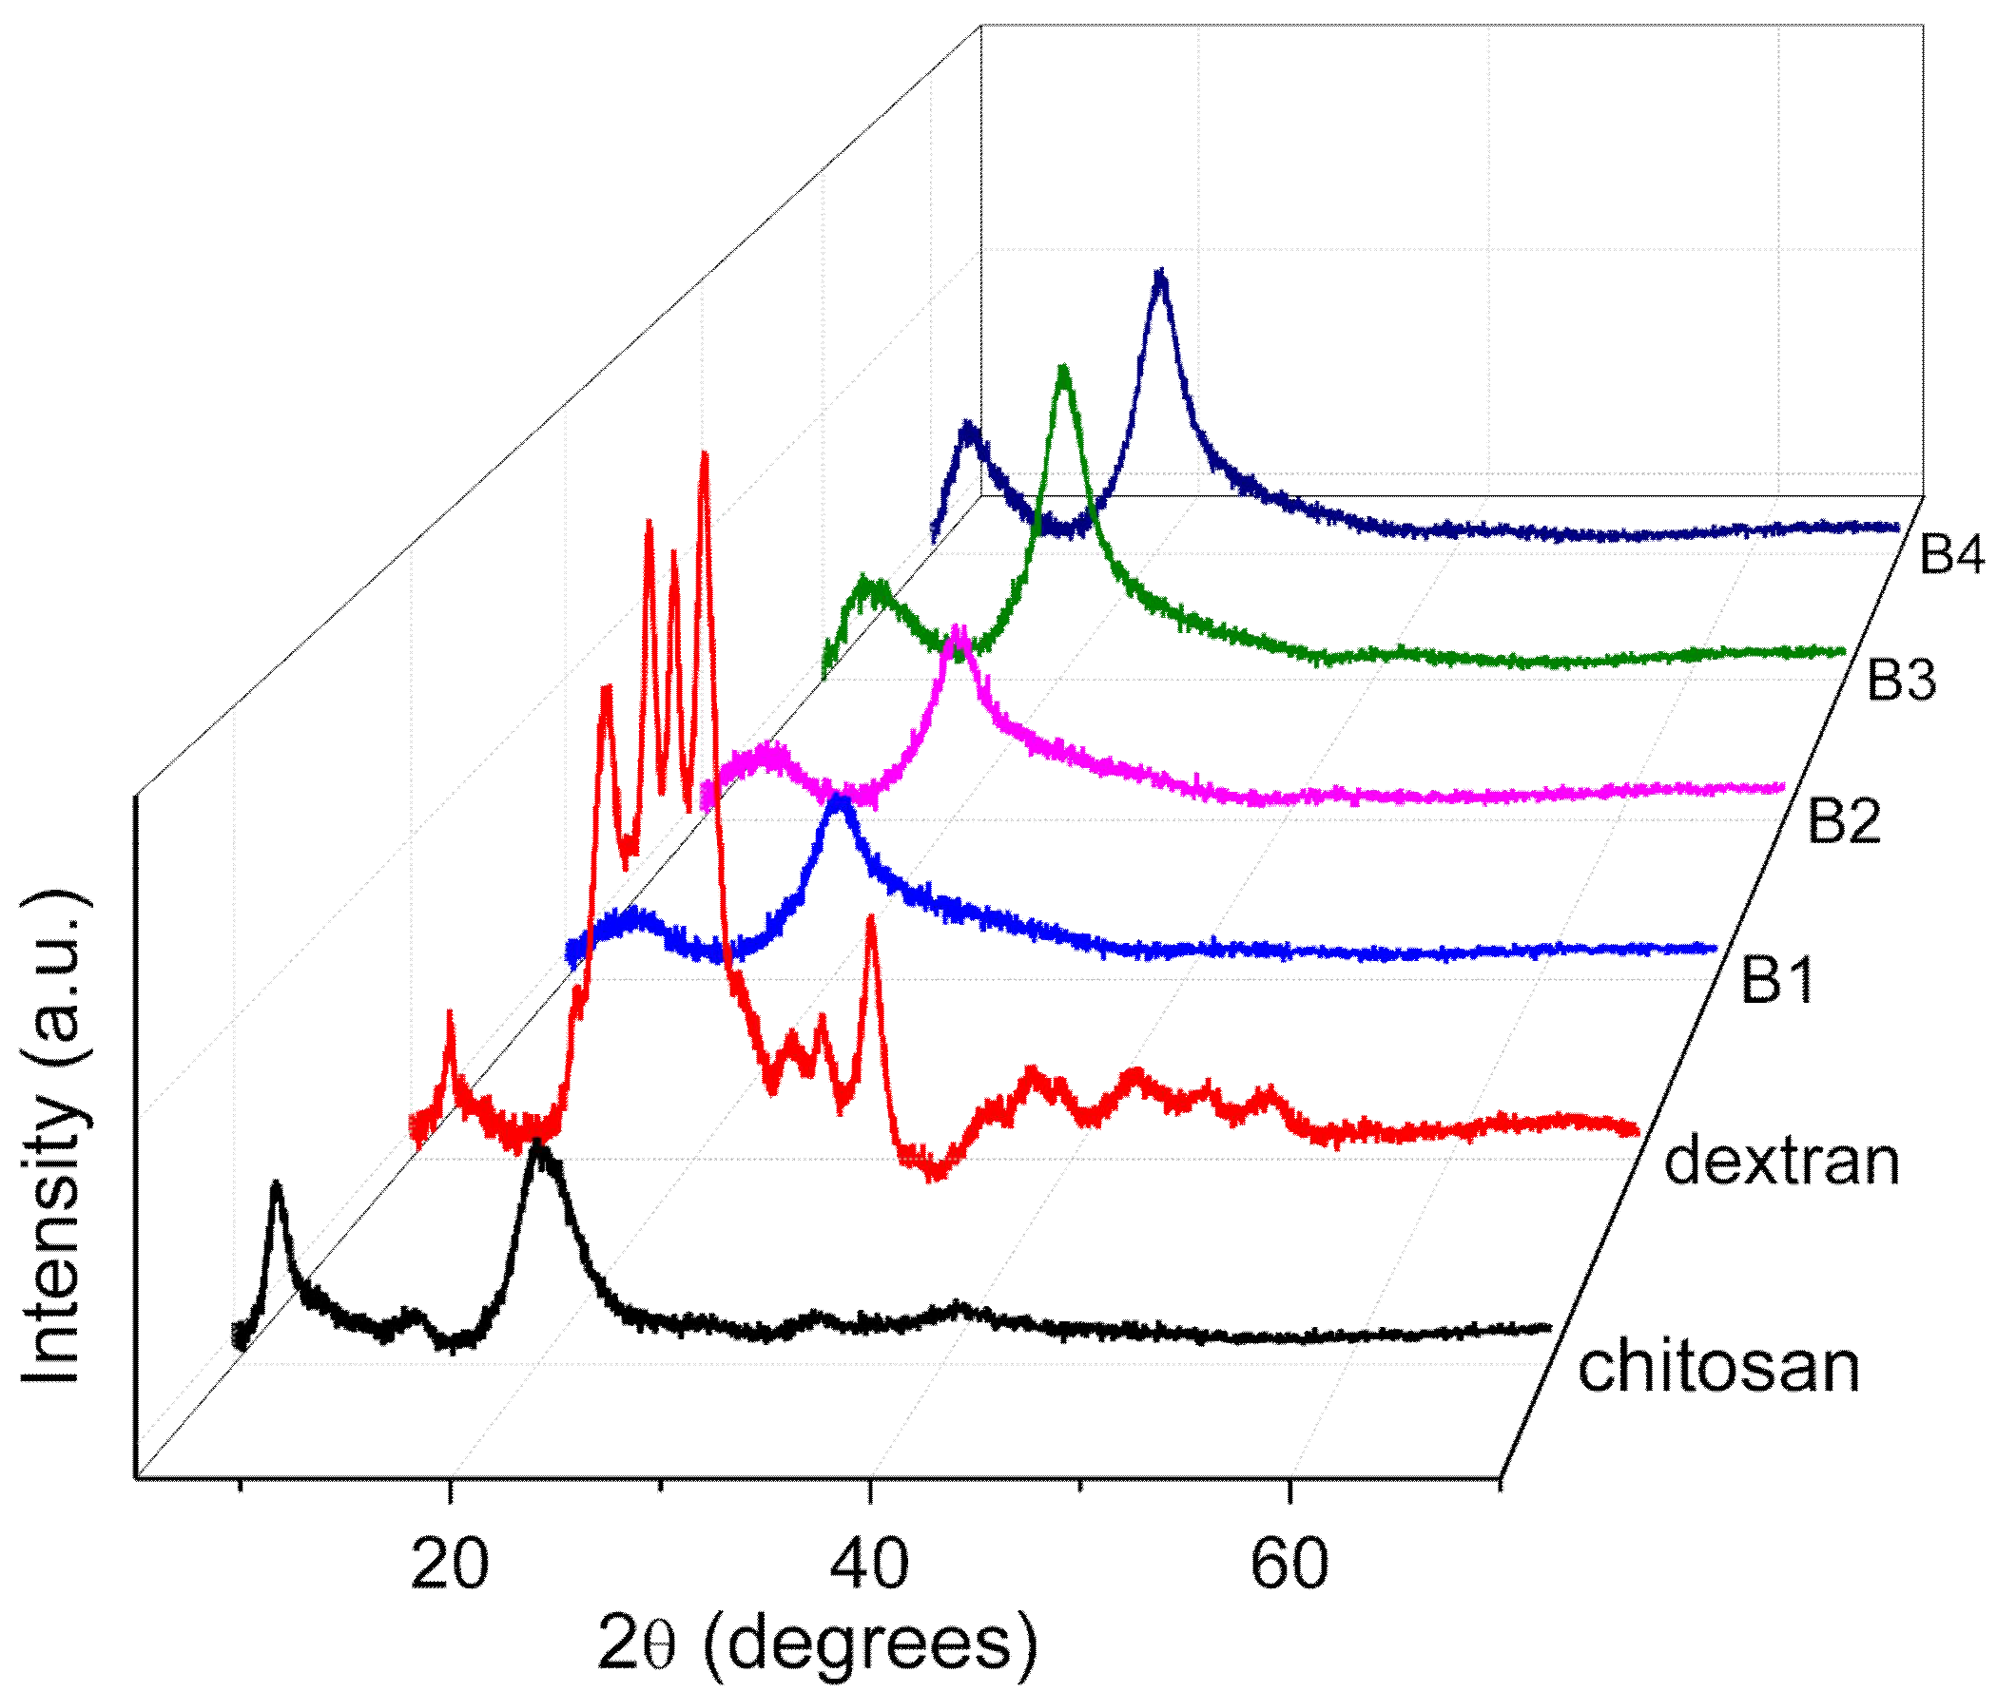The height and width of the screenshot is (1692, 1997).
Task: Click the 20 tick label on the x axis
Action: (449, 1564)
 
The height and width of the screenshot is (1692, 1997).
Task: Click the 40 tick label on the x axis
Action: (869, 1564)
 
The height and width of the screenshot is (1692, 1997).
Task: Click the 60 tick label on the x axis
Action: (1289, 1564)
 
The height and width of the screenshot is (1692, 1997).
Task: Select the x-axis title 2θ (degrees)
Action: (817, 1644)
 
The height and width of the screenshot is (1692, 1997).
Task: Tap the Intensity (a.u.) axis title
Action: (53, 1138)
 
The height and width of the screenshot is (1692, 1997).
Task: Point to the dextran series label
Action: (1781, 1162)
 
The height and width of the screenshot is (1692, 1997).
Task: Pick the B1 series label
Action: (1777, 980)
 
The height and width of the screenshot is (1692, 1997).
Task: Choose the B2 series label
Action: (1844, 821)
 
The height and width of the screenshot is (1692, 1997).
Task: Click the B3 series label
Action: (1901, 680)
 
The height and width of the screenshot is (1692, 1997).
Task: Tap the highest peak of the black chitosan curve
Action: (538, 1145)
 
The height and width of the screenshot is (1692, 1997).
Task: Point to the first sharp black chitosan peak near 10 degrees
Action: (278, 1186)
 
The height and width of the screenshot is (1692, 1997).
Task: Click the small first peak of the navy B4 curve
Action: (968, 425)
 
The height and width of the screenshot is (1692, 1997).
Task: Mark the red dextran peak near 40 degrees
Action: (870, 919)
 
